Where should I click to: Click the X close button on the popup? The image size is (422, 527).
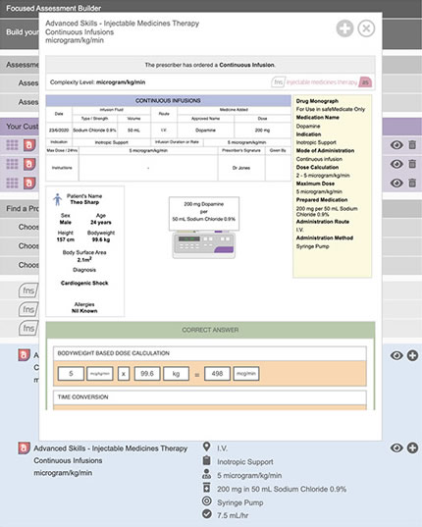pos(366,28)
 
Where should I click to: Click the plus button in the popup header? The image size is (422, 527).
pos(344,28)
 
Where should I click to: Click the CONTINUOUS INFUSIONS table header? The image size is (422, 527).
pos(168,99)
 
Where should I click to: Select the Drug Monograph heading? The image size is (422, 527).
pos(318,100)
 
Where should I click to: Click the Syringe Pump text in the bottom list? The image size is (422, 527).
pos(248,496)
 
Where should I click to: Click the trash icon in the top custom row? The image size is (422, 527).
pos(412,145)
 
